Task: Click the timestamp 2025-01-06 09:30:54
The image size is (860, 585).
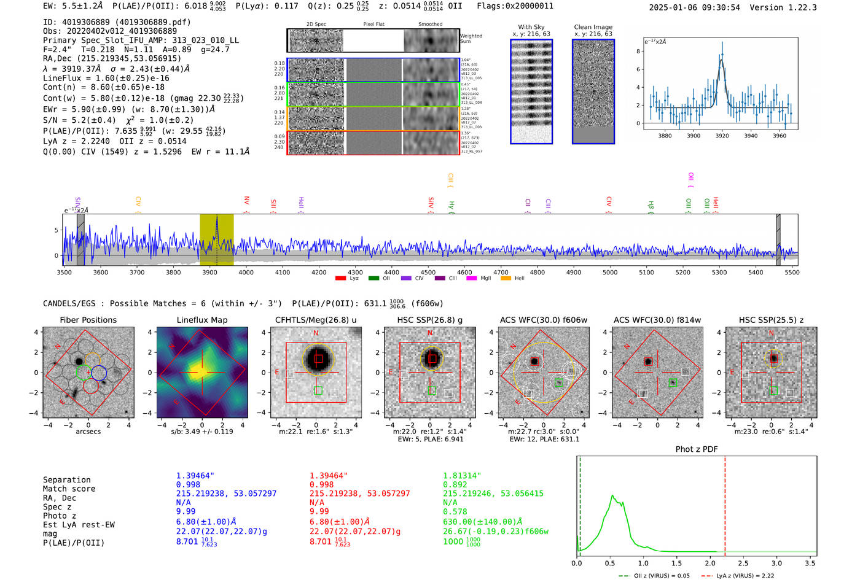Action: click(694, 7)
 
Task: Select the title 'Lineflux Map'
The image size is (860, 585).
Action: click(201, 320)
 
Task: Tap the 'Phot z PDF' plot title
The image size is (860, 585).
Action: click(696, 449)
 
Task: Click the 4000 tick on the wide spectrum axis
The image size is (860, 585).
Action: click(246, 272)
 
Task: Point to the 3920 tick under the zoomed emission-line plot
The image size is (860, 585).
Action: click(722, 136)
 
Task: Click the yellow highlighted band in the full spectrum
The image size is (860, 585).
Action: click(216, 239)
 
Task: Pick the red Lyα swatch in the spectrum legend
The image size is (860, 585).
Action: click(340, 278)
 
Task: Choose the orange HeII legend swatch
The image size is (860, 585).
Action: click(506, 278)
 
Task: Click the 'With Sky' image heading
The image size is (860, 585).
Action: click(531, 27)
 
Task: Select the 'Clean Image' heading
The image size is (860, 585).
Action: click(593, 27)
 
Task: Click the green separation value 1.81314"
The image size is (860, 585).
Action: click(462, 476)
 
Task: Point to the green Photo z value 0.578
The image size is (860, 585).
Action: click(455, 511)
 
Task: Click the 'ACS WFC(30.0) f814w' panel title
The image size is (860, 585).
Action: click(657, 320)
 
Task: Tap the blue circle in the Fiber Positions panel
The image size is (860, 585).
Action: click(100, 373)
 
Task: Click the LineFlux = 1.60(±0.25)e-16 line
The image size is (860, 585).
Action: click(106, 78)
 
